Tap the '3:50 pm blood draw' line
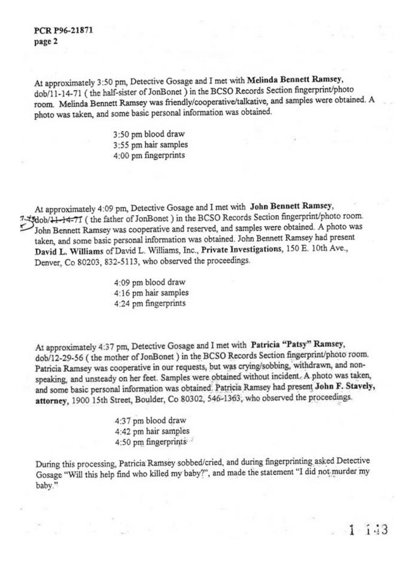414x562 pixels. [149, 134]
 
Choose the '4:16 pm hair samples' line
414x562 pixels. [151, 293]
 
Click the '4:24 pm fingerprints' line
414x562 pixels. [149, 304]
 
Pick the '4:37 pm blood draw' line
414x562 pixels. [150, 420]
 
